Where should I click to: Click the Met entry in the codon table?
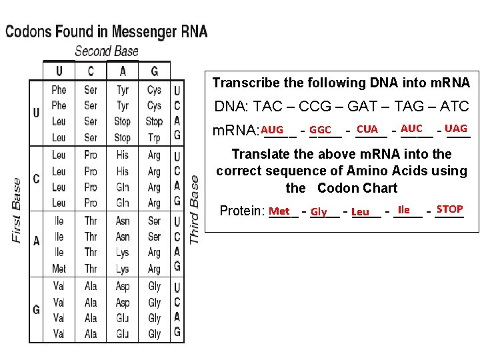pyautogui.click(x=59, y=269)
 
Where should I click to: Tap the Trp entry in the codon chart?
pyautogui.click(x=154, y=138)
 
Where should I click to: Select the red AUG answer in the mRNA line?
pyautogui.click(x=272, y=129)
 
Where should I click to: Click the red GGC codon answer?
pyautogui.click(x=321, y=129)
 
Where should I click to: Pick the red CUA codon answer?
pyautogui.click(x=367, y=129)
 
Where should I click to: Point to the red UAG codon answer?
pyautogui.click(x=456, y=128)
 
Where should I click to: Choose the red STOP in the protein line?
pyautogui.click(x=449, y=209)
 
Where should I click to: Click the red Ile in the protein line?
pyautogui.click(x=403, y=209)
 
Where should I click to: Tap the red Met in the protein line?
pyautogui.click(x=279, y=211)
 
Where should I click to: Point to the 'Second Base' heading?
pyautogui.click(x=107, y=51)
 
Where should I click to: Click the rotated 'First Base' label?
pyautogui.click(x=17, y=210)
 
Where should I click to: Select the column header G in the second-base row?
pyautogui.click(x=155, y=71)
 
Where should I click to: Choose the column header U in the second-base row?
pyautogui.click(x=59, y=71)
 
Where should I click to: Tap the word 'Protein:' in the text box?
pyautogui.click(x=242, y=211)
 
